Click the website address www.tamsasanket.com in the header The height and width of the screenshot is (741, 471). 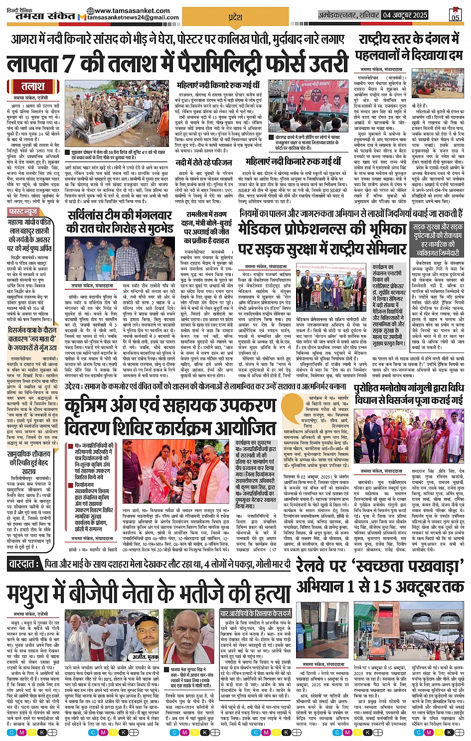pyautogui.click(x=135, y=10)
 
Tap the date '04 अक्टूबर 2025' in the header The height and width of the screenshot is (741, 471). pyautogui.click(x=405, y=15)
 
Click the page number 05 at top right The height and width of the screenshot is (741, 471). pyautogui.click(x=455, y=15)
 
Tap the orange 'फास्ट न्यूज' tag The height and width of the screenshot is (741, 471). pyautogui.click(x=23, y=212)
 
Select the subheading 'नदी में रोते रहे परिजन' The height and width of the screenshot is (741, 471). pyautogui.click(x=204, y=162)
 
